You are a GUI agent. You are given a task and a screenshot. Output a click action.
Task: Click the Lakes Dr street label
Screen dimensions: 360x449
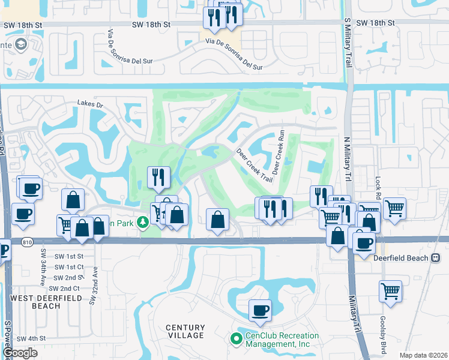tap(90, 104)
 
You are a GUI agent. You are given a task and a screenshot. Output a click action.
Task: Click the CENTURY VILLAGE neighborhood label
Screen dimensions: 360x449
tap(185, 331)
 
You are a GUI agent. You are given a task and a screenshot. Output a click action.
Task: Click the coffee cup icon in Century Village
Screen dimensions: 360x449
tap(260, 311)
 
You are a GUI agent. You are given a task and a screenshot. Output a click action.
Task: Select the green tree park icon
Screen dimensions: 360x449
tap(143, 223)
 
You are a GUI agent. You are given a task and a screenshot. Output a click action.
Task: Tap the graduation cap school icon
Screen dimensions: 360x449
tap(22, 44)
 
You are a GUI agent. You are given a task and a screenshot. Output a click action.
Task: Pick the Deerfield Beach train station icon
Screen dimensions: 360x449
tap(436, 258)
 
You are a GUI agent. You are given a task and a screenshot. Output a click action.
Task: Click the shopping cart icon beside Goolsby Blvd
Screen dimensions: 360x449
tap(390, 292)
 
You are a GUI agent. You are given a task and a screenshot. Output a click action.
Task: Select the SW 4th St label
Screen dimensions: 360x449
tap(31, 338)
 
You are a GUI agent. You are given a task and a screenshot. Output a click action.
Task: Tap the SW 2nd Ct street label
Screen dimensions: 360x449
tap(66, 289)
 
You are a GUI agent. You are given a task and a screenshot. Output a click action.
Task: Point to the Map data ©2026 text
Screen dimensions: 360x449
tap(423, 355)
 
